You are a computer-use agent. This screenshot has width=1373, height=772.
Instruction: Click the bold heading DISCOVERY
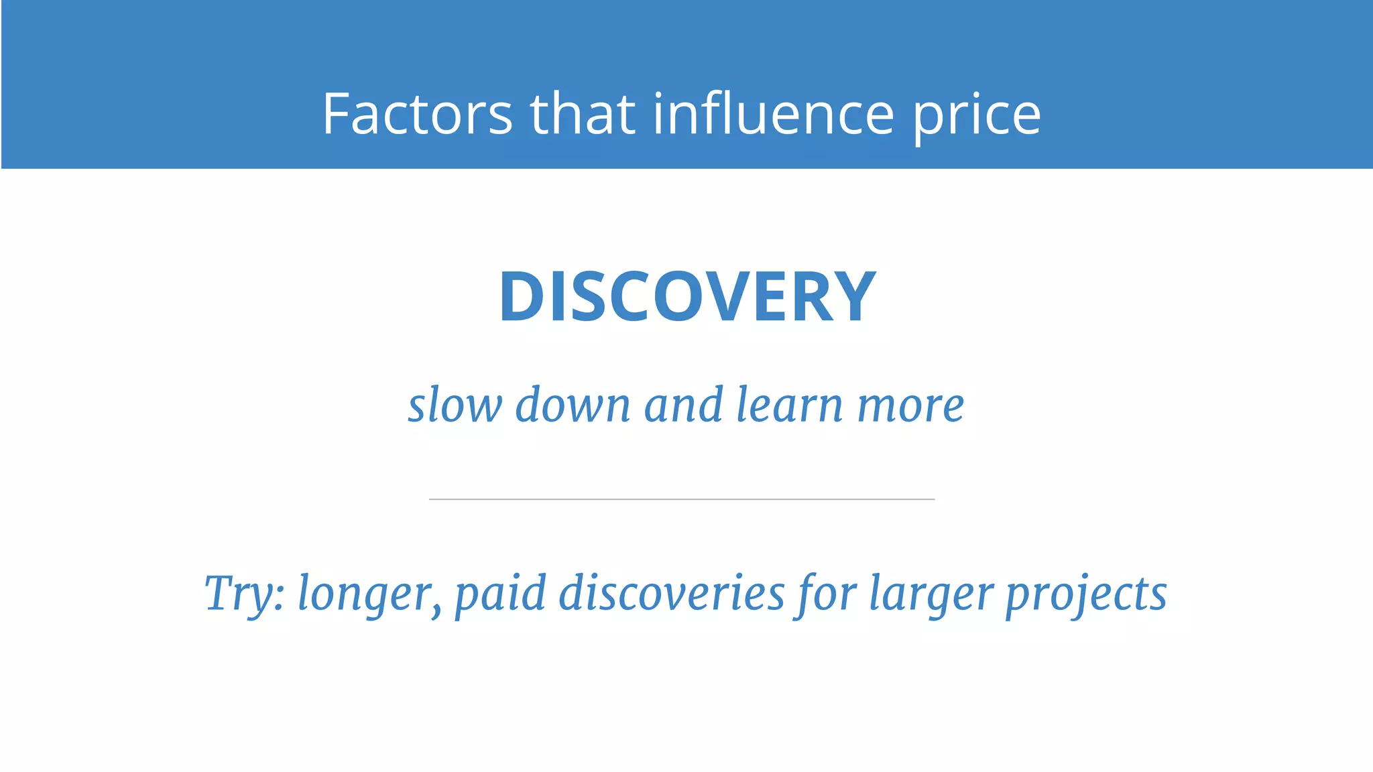(x=687, y=297)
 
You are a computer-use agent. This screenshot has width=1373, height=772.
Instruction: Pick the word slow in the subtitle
(x=455, y=405)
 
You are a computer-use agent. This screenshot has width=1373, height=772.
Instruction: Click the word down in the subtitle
(x=573, y=405)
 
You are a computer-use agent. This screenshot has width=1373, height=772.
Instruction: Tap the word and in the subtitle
(x=683, y=405)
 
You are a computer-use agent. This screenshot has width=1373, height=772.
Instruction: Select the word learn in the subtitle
(x=789, y=405)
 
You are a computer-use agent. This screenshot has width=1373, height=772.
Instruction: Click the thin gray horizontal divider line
(x=682, y=499)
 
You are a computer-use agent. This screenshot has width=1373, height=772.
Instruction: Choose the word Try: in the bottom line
(x=245, y=594)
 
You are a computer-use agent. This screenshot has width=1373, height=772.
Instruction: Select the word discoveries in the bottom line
(x=671, y=594)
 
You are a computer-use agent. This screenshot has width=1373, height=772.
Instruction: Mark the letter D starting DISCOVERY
(x=521, y=297)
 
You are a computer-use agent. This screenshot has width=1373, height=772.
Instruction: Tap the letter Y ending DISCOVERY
(x=853, y=297)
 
